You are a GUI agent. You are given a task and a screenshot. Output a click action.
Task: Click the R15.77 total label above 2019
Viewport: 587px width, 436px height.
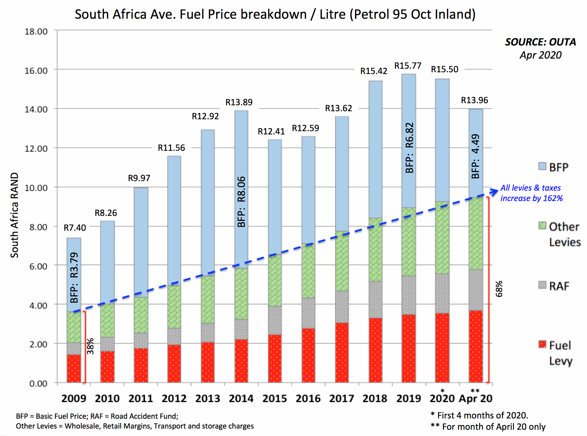(408, 66)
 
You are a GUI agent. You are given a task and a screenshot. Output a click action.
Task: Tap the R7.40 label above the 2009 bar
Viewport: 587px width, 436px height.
(75, 228)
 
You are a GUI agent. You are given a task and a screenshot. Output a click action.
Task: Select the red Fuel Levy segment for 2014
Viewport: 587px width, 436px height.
(241, 361)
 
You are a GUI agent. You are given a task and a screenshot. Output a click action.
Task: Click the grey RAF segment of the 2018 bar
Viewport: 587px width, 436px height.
(375, 299)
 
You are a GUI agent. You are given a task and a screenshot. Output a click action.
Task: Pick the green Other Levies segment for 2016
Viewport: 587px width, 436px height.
(308, 271)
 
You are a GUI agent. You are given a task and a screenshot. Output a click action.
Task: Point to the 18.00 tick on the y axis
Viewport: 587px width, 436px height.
(36, 31)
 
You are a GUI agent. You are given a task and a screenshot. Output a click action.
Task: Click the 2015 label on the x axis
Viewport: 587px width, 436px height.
(274, 399)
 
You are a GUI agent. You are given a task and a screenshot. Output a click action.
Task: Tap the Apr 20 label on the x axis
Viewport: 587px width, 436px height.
(476, 399)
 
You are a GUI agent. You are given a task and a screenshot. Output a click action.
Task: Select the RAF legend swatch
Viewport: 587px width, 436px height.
(542, 285)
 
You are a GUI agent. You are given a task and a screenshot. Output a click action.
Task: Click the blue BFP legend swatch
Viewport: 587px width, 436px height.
(542, 166)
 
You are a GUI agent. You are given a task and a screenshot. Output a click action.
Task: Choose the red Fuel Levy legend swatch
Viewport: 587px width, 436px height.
(542, 344)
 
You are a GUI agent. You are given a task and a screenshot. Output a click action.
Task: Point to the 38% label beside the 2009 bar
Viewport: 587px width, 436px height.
(90, 346)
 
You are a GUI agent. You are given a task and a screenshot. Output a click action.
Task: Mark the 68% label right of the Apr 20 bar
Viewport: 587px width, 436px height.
(499, 288)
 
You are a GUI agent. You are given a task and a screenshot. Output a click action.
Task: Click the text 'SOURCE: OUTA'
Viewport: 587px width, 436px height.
(540, 42)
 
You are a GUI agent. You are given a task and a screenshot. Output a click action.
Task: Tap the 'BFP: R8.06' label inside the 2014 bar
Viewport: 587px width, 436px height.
(241, 202)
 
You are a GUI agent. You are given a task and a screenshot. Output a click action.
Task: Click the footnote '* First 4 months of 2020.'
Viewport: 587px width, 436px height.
(479, 415)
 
